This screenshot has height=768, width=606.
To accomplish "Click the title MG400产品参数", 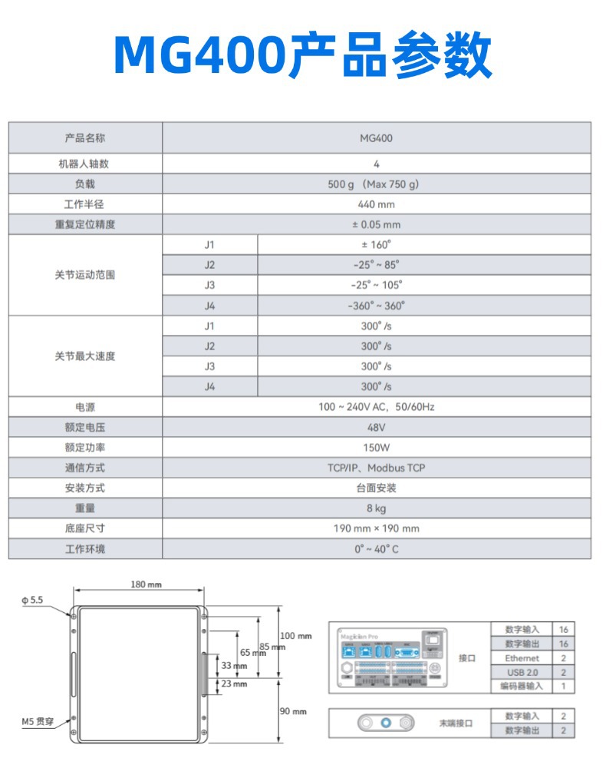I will coord(302,55).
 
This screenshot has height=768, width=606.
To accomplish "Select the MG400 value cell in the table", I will coord(376,138).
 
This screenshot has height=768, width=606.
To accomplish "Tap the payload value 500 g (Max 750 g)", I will coord(376,184).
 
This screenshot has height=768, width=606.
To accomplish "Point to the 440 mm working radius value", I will coord(376,204).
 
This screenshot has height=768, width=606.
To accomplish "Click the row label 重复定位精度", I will coord(84,225).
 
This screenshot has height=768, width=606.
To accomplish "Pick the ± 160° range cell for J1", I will coord(376,244).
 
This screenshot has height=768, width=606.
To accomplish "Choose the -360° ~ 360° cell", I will coord(376,305).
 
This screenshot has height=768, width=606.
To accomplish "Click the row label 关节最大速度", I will coord(84,356).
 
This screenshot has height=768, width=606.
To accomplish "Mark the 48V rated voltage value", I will coord(376,427).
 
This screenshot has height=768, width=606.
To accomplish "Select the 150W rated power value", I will coord(376,447).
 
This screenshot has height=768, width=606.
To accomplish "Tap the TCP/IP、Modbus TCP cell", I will coord(376,468).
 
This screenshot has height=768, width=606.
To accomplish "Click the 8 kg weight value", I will coord(376,508).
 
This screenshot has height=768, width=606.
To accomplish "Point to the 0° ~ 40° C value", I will coord(376,549).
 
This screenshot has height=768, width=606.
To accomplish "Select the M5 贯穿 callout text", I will coord(37,721).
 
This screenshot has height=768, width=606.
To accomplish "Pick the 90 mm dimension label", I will coord(293,711).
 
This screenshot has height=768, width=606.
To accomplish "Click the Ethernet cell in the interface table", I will coord(522,658).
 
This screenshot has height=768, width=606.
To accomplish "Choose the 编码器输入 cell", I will coord(522,686).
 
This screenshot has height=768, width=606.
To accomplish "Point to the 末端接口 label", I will coord(456,723).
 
